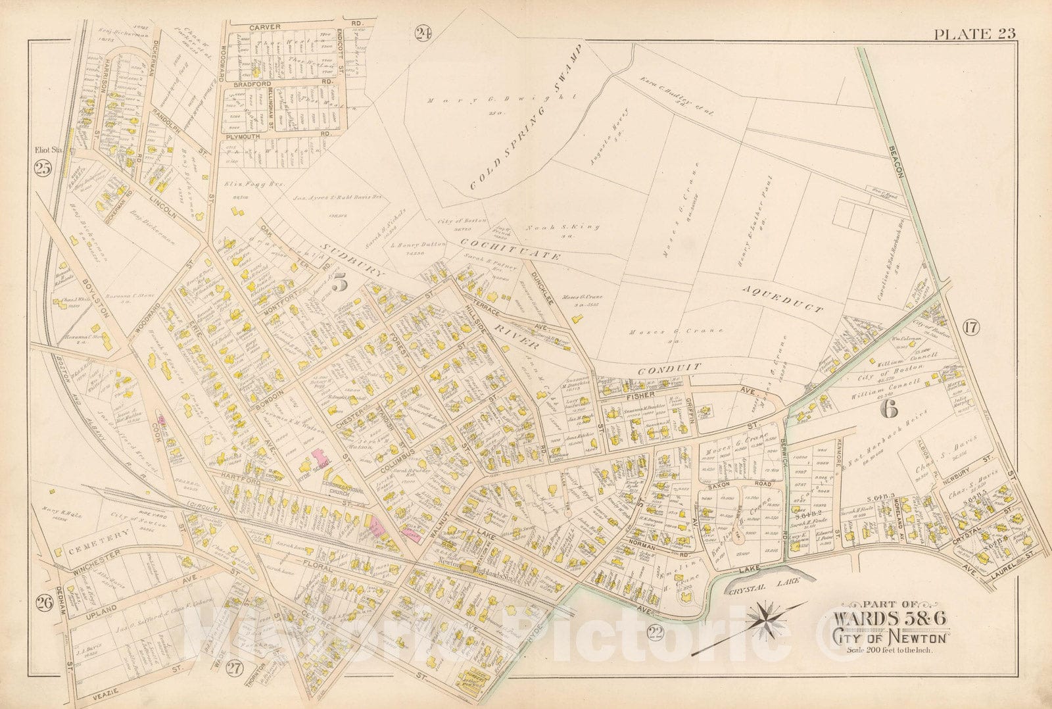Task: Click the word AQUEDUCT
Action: pos(782,301)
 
